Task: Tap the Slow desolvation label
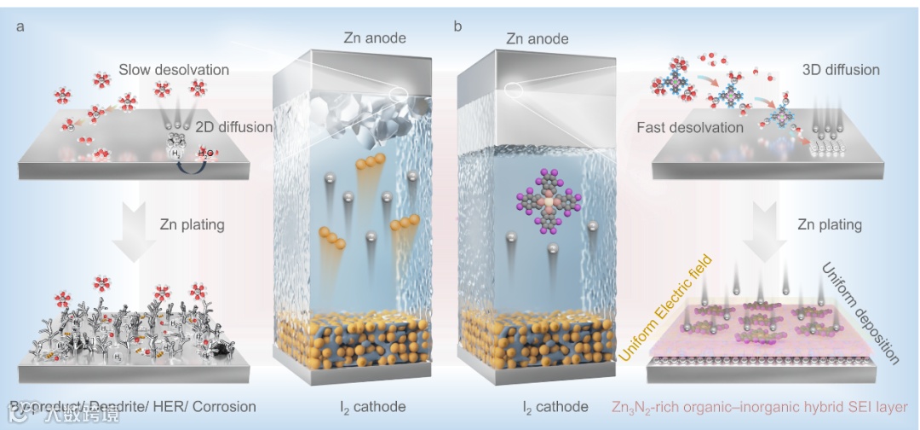coord(174,69)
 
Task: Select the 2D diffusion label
coord(233,127)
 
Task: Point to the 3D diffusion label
coord(841,69)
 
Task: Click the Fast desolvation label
coord(690,127)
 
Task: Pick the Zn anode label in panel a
coord(375,38)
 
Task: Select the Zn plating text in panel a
coord(192,225)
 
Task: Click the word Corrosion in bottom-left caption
coord(225,407)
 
